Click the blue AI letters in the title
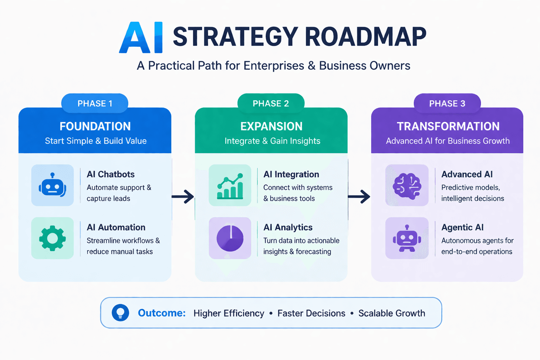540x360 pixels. (x=141, y=38)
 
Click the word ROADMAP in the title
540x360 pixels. (x=365, y=37)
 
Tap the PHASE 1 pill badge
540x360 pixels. (x=95, y=103)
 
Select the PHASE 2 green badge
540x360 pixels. (x=271, y=103)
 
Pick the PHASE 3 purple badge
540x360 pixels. (x=447, y=103)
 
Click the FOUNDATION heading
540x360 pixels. (x=95, y=126)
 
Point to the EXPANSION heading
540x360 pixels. (x=271, y=126)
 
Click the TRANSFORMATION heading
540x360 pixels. (x=448, y=126)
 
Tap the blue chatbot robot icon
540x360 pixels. (x=52, y=185)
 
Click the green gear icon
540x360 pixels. (x=52, y=238)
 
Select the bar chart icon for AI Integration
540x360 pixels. (x=230, y=186)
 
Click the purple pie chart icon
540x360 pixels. (x=230, y=238)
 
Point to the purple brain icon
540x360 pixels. (x=407, y=185)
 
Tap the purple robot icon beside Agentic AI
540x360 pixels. (x=407, y=238)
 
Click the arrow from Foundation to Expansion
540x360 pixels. (x=183, y=197)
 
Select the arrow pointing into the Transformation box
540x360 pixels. (x=359, y=197)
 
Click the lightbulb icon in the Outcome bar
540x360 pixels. (x=120, y=313)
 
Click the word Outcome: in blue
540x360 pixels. (x=161, y=313)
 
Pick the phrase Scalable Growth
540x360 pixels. (x=392, y=313)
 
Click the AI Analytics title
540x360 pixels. (x=288, y=227)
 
